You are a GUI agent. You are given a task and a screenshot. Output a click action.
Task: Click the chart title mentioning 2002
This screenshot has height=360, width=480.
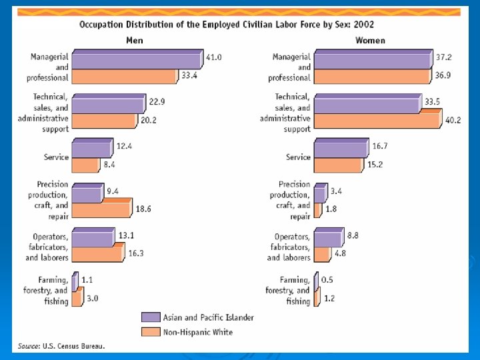[x=227, y=25]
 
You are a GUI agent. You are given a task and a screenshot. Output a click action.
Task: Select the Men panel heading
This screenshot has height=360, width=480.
[x=135, y=41]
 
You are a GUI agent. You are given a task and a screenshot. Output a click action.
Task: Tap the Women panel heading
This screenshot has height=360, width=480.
[x=370, y=41]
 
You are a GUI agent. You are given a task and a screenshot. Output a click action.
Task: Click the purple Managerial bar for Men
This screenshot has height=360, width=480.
[x=135, y=61]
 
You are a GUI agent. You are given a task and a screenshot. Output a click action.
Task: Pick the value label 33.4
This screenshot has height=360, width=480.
[x=189, y=75]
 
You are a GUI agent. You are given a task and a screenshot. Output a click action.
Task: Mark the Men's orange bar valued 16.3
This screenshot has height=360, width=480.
[x=97, y=254]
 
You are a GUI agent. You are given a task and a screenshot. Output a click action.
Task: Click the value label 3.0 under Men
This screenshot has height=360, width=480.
[x=92, y=299]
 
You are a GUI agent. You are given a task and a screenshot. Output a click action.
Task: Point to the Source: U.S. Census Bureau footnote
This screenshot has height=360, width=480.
[x=61, y=346]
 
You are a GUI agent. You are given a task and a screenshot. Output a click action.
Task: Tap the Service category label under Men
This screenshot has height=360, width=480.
[x=57, y=157]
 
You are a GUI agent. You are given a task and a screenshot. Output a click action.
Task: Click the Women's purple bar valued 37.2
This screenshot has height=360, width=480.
[x=372, y=61]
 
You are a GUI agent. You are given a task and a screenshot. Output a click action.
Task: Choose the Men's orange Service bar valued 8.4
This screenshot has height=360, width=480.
[x=85, y=165]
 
